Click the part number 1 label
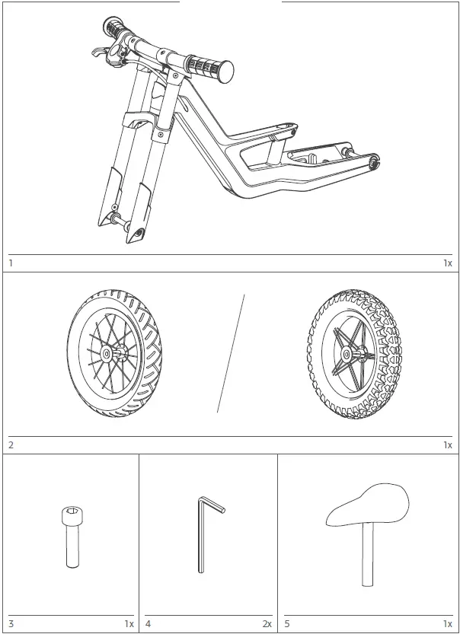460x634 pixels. click(x=11, y=263)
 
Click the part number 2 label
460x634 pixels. click(x=11, y=445)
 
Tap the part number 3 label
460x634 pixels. click(x=11, y=624)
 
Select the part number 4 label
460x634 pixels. click(x=148, y=624)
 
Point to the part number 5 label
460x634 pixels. click(x=287, y=624)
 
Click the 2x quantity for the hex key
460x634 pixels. click(x=267, y=624)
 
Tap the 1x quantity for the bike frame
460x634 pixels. click(x=448, y=263)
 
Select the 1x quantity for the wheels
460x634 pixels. click(x=448, y=445)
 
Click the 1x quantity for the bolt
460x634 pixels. click(x=129, y=624)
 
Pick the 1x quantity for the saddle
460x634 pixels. click(x=448, y=624)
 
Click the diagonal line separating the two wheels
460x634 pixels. click(x=231, y=353)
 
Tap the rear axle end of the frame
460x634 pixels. click(x=374, y=161)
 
